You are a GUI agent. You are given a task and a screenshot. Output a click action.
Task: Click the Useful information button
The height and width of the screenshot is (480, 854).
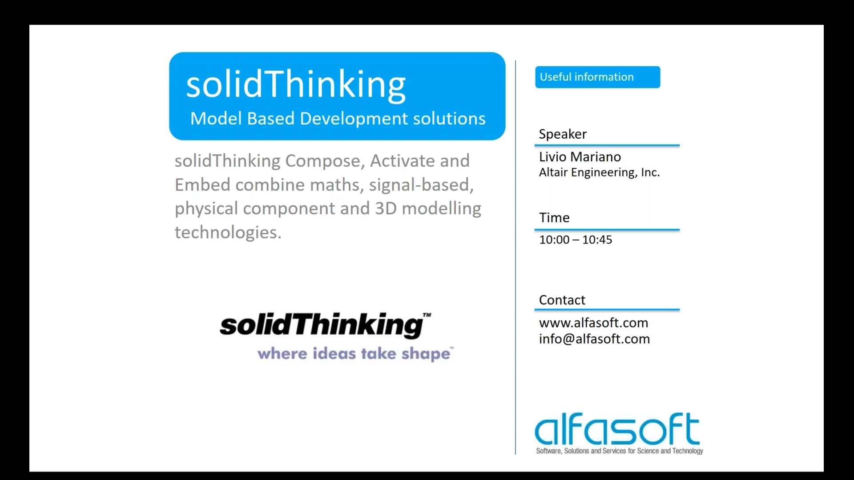(597, 77)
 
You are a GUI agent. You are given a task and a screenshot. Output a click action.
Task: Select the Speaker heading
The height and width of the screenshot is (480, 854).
(563, 134)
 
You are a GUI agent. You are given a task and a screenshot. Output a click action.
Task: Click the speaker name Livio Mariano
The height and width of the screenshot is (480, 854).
(580, 157)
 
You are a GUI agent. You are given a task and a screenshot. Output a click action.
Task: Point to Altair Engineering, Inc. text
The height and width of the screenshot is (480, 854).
(599, 172)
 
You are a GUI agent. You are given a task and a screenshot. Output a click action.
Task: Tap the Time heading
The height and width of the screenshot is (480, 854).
(554, 218)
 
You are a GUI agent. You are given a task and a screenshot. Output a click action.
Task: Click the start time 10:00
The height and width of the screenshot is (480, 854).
(554, 240)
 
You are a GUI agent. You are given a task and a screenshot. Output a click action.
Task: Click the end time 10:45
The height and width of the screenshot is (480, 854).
(597, 240)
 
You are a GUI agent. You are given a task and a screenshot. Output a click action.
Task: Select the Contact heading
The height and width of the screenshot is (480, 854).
(562, 300)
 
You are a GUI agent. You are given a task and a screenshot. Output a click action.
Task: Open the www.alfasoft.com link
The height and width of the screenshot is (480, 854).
(593, 323)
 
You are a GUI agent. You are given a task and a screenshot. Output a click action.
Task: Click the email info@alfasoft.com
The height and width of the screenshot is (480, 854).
(594, 339)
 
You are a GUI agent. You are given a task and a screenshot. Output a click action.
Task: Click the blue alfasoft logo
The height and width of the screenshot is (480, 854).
(617, 429)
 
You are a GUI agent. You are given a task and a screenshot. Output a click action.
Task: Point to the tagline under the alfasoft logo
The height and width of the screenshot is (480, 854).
(619, 451)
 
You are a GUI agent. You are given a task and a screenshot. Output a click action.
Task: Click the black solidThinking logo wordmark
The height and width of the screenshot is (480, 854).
(322, 324)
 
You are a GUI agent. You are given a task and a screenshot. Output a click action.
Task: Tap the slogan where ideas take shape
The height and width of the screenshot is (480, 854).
(354, 354)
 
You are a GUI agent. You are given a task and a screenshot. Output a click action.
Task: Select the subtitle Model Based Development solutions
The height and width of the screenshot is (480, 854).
(338, 119)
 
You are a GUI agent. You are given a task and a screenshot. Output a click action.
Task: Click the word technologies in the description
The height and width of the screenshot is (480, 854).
(228, 232)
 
